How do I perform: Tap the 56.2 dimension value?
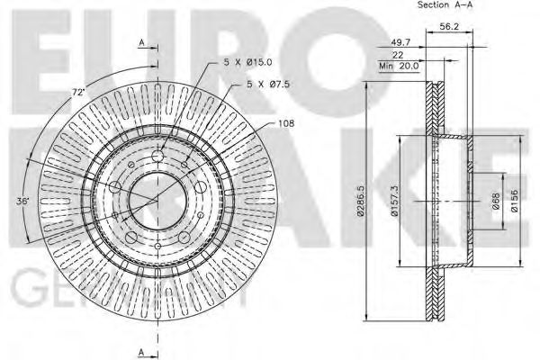point(447,27)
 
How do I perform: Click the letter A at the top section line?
point(140,42)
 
